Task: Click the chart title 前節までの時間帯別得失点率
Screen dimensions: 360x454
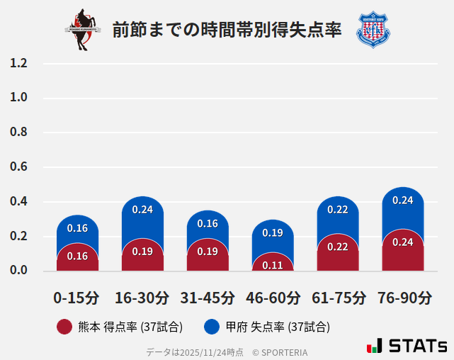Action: tap(227, 30)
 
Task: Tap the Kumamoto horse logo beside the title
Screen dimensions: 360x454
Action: tap(84, 30)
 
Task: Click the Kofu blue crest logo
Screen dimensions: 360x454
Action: tap(373, 30)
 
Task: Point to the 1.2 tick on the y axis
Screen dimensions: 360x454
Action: tap(19, 63)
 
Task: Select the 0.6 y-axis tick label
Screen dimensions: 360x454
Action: tap(19, 167)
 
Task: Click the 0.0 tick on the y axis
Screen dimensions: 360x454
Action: tap(19, 271)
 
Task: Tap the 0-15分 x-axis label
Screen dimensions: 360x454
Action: tap(77, 298)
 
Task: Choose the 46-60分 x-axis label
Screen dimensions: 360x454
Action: tap(273, 298)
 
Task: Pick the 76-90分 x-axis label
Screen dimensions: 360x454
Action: tap(403, 298)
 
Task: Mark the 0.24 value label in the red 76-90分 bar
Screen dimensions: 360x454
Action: tap(403, 242)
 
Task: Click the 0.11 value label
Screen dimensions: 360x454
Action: tap(273, 266)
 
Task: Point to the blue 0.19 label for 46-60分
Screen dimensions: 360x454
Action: tap(273, 232)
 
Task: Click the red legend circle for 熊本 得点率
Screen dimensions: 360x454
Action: tap(64, 327)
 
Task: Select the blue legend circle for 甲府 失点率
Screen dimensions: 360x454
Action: tap(211, 327)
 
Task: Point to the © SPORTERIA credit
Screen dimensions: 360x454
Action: tap(280, 351)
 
